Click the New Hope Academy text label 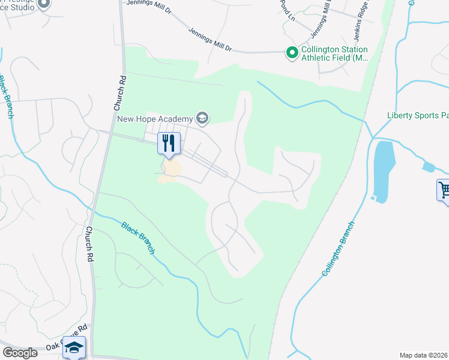(155, 118)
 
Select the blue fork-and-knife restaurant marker (169, 144)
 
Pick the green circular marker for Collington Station (292, 53)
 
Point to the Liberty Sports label (417, 115)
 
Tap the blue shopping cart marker (443, 191)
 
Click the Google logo (20, 352)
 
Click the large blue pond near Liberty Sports (384, 170)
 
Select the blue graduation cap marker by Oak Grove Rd (74, 347)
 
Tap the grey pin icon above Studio (43, 4)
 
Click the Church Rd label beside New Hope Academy (118, 92)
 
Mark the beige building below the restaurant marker (170, 170)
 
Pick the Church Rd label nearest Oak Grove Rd (89, 243)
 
